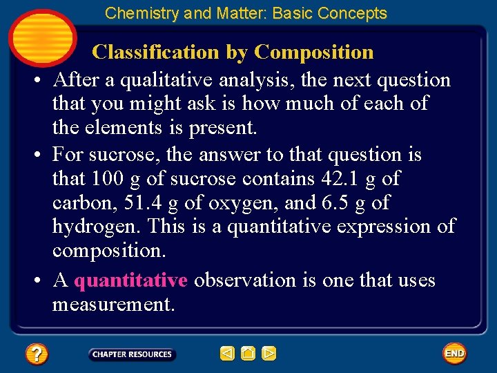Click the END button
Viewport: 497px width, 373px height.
[x=454, y=354]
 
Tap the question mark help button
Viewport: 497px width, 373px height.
[x=37, y=355]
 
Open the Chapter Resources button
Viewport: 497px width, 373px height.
[x=132, y=354]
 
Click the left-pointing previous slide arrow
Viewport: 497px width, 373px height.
[x=227, y=354]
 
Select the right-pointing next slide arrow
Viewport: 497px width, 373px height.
[x=269, y=354]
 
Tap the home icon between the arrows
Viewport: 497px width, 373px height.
[x=248, y=354]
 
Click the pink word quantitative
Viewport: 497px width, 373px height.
[x=130, y=280]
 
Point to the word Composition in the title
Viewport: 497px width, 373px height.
[x=314, y=52]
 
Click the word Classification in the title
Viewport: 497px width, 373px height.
[x=158, y=52]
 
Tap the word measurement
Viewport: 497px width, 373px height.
[x=113, y=304]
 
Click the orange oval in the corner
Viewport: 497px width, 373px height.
[x=41, y=36]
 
